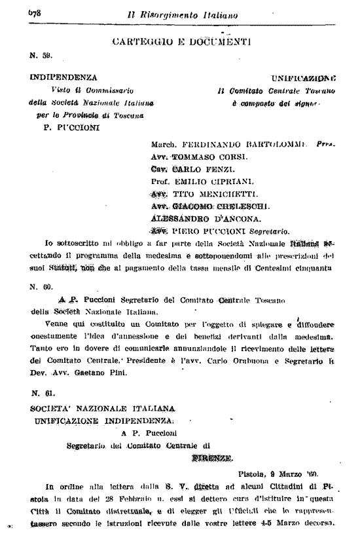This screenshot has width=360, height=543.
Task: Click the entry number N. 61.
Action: (40, 393)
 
